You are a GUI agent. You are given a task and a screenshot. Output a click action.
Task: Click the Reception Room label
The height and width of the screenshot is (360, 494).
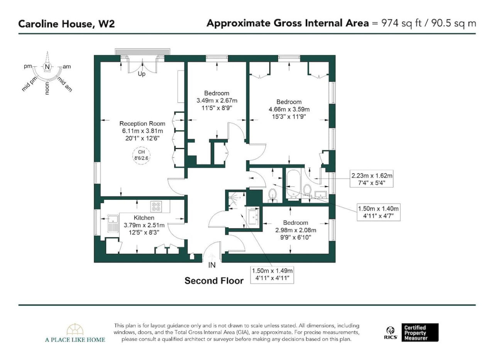142,123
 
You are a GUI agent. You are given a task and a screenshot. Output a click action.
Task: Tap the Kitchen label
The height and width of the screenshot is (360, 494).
144,218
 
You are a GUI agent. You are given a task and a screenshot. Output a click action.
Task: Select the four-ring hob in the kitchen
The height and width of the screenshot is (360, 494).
156,207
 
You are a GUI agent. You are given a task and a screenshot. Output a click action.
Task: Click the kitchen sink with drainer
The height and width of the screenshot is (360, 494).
113,224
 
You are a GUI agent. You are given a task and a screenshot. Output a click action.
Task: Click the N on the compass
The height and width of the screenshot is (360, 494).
47,67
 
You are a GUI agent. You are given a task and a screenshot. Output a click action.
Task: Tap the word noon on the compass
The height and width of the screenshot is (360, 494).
47,89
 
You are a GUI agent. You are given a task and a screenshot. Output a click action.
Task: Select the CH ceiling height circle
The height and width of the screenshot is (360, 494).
141,155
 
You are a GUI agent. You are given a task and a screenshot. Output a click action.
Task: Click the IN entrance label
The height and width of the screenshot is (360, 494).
212,265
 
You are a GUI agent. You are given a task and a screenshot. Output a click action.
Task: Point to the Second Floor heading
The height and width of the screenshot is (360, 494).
214,281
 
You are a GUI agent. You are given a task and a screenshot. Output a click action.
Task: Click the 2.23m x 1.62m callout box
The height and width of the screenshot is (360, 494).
372,179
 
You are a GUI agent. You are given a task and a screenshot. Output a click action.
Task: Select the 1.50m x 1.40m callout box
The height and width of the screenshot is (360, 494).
379,212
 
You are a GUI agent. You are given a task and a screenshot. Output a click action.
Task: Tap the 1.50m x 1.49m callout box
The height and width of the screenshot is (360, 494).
272,275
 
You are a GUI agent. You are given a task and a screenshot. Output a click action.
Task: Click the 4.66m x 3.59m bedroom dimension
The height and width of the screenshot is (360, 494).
289,109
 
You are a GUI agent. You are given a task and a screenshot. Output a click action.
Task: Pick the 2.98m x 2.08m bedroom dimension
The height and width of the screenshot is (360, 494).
296,230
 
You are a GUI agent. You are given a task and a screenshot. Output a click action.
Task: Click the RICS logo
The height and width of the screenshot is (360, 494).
391,333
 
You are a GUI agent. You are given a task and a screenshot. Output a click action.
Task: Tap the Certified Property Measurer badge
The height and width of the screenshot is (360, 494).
420,333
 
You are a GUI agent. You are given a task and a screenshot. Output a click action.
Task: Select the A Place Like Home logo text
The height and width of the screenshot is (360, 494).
75,340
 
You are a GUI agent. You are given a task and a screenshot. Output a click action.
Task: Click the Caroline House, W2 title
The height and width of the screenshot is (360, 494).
66,24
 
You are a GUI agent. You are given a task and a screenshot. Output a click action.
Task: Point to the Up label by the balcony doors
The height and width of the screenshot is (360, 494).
142,74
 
